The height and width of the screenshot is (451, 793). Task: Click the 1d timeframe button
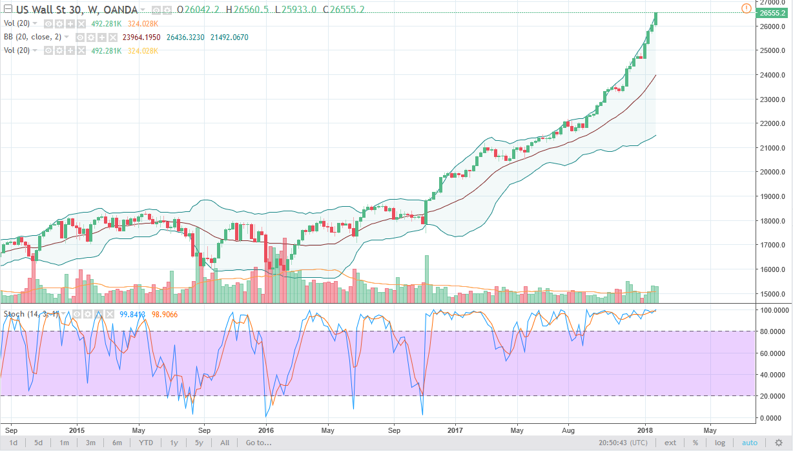pos(13,443)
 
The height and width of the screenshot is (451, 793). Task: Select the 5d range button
pos(39,443)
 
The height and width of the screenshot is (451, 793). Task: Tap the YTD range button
pos(145,443)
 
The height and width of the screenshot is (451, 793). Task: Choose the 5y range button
pos(199,443)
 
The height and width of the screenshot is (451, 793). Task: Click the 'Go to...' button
pos(258,443)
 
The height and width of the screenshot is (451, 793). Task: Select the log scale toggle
pos(720,443)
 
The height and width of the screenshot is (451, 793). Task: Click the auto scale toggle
pos(749,443)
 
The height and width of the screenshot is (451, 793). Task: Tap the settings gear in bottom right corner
pos(779,443)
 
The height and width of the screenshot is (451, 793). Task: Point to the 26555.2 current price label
pos(772,13)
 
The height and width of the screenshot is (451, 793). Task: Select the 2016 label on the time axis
pos(266,430)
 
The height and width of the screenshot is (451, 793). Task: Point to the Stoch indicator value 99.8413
pos(133,315)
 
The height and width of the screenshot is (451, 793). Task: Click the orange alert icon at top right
pos(747,8)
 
